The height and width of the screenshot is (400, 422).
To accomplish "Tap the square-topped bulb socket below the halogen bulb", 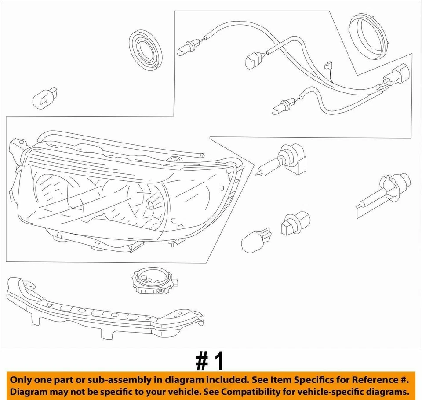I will [294, 223].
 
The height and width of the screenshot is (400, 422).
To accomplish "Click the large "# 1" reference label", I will [210, 362].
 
